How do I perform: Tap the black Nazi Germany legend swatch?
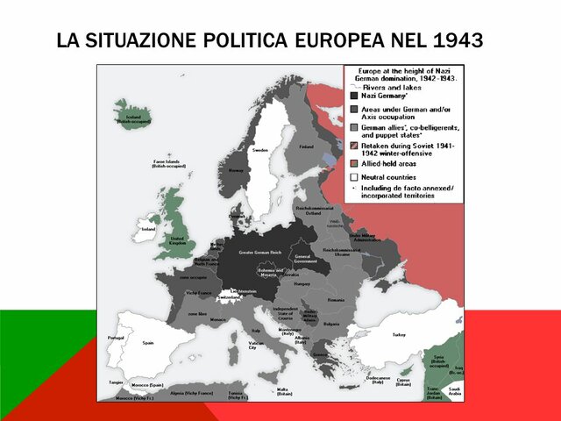pos(354,95)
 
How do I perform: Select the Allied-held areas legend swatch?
pos(354,163)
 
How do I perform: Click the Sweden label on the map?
pos(260,150)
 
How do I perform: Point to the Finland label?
pos(306,146)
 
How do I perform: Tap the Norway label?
pos(236,170)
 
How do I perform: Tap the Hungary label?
pos(302,284)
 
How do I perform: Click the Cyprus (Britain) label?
pos(404,382)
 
